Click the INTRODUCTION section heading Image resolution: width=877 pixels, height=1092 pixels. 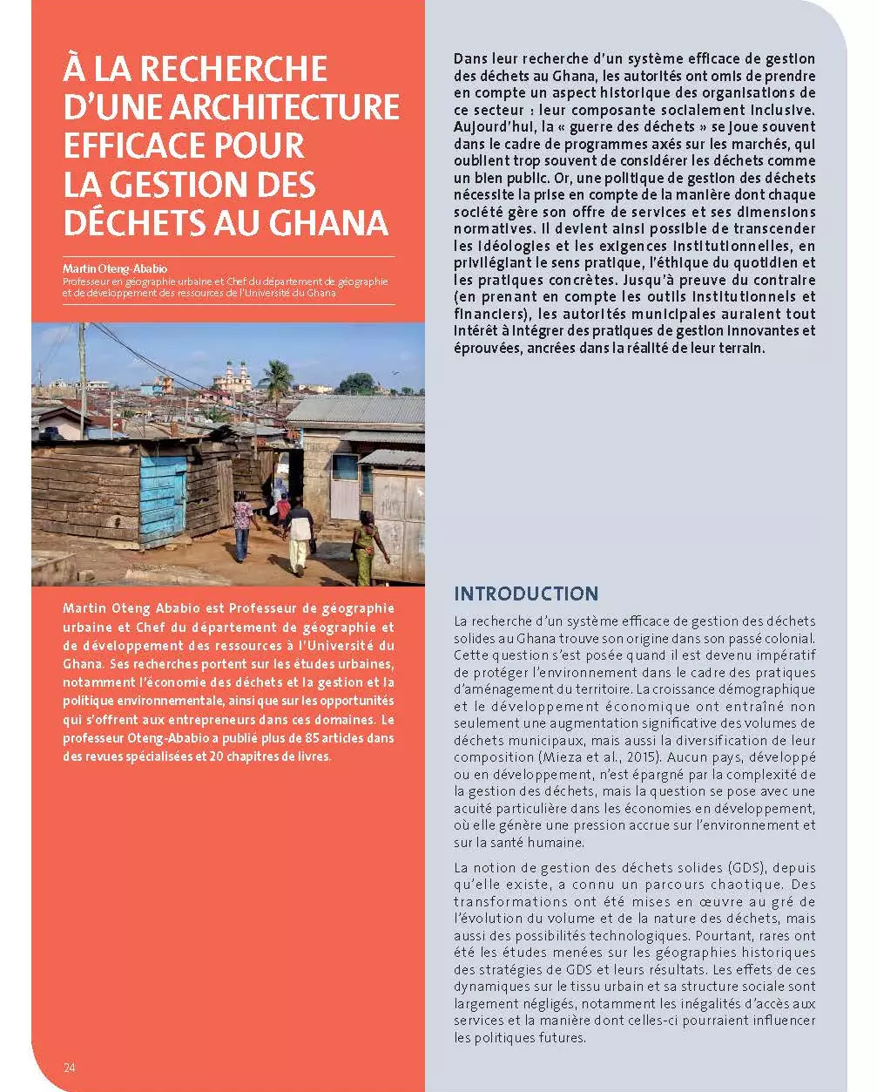point(526,593)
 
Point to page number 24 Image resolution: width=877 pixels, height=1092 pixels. point(70,1068)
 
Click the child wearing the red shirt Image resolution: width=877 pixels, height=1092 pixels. point(283,509)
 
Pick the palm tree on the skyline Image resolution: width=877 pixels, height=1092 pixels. point(277,376)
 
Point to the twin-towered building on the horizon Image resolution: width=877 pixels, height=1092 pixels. point(233,376)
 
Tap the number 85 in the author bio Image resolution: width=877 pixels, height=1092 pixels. point(286,738)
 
